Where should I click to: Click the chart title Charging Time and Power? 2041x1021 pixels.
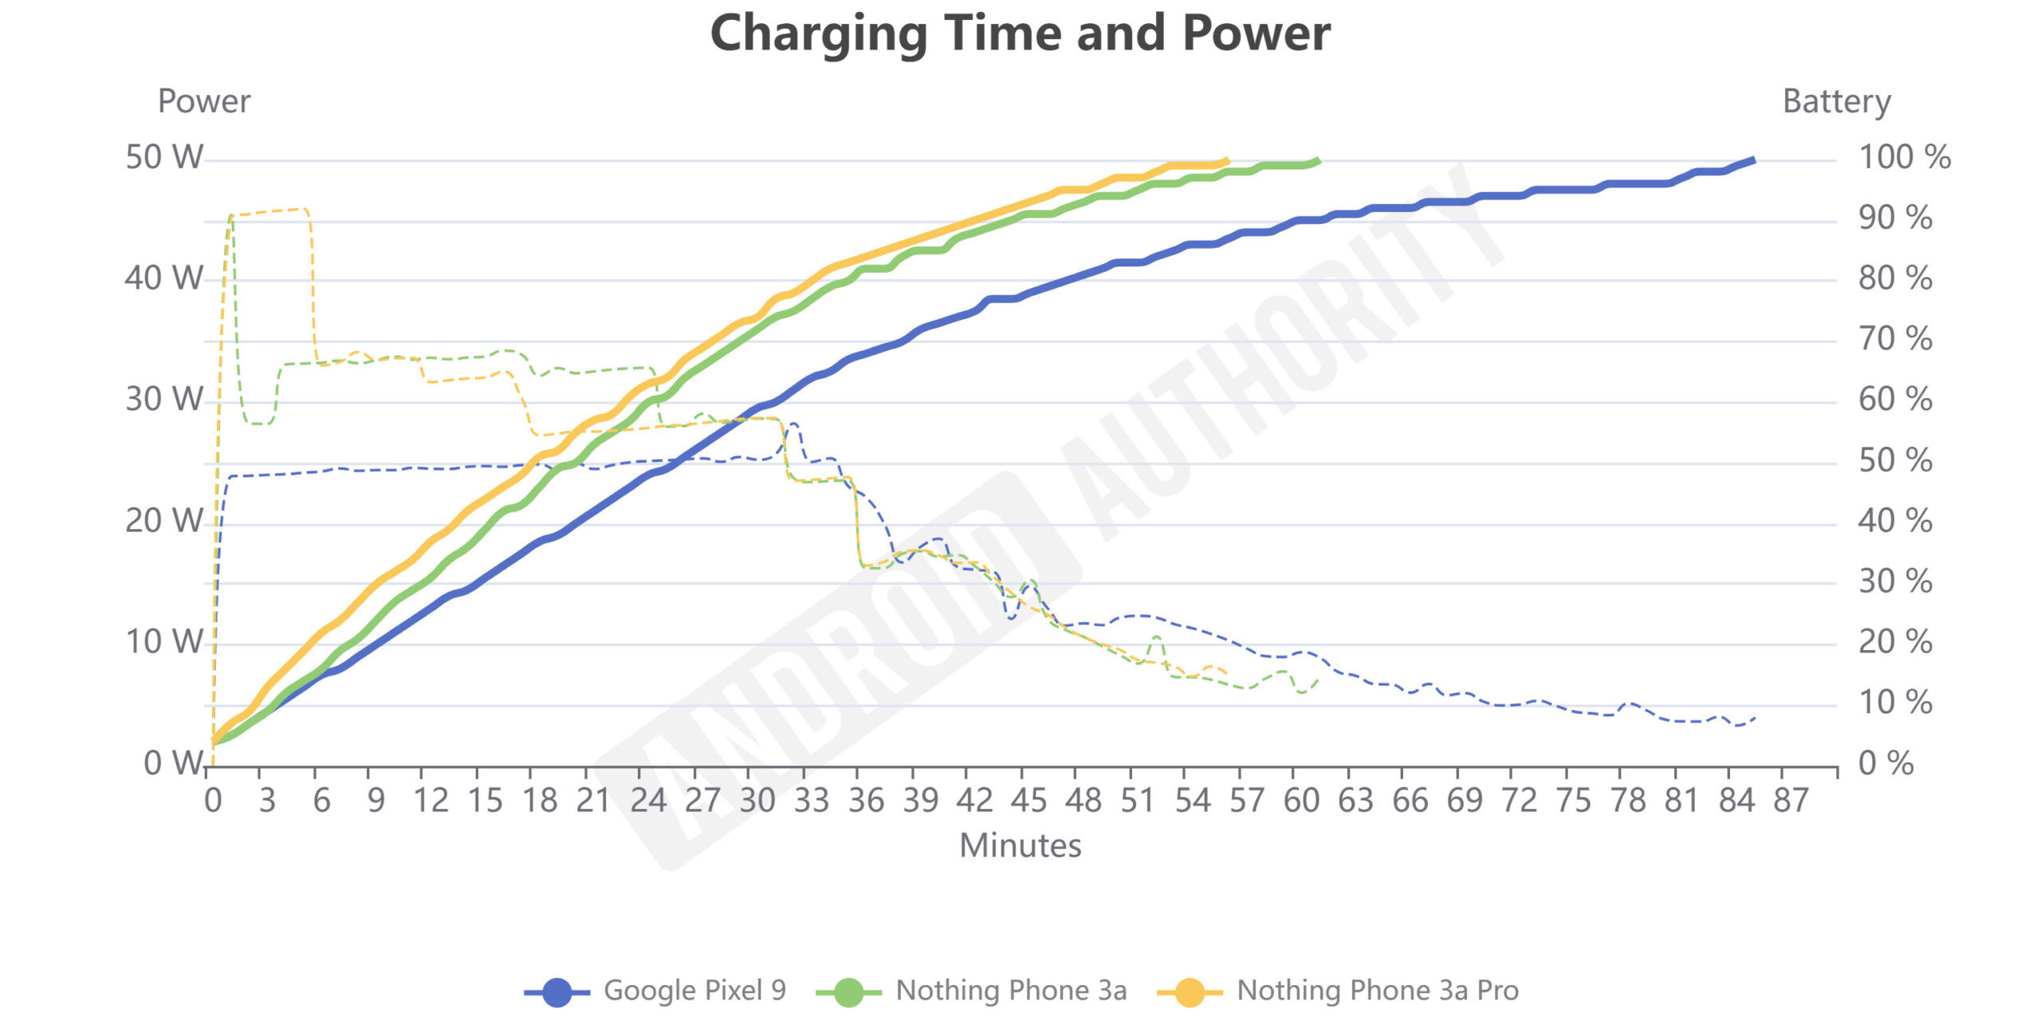coord(1020,34)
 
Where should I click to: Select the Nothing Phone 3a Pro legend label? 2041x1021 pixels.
coord(1377,991)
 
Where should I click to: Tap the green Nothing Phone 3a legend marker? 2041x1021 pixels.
coord(848,992)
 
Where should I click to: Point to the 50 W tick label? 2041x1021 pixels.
coord(163,157)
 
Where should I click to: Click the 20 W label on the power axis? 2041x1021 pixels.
coord(163,521)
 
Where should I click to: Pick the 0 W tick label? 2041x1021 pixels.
coord(172,763)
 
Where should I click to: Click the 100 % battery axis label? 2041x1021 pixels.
coord(1904,157)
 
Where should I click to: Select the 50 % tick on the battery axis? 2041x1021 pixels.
coord(1894,460)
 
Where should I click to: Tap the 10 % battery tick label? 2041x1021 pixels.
coord(1894,703)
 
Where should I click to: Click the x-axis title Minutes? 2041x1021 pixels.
coord(1020,846)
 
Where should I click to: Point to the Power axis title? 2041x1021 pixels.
coord(204,101)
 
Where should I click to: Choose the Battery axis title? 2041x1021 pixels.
coord(1836,101)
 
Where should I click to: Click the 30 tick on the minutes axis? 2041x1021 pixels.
coord(757,800)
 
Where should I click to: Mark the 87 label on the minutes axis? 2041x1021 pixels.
coord(1790,800)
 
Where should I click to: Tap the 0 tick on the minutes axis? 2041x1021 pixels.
coord(213,800)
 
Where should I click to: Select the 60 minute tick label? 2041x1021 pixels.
coord(1301,800)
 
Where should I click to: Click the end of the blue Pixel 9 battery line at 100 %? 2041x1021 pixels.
coord(1753,160)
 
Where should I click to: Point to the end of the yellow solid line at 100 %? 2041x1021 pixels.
coord(1228,160)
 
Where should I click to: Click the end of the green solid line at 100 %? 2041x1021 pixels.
coord(1319,161)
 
